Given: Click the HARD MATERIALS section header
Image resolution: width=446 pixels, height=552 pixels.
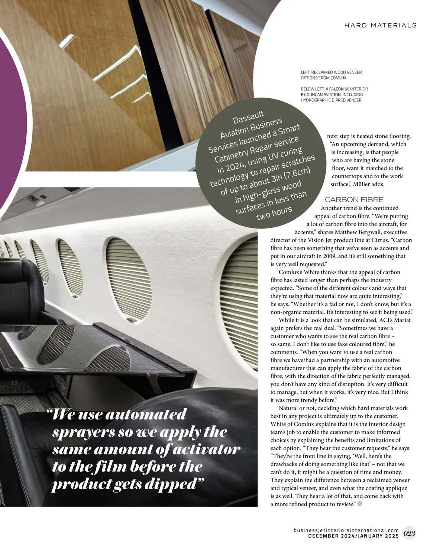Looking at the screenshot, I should tap(380, 25).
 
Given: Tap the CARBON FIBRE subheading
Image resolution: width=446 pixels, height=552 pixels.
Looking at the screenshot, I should tap(354, 200).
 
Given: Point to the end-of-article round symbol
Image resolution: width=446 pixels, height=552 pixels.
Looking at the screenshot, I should tap(359, 504).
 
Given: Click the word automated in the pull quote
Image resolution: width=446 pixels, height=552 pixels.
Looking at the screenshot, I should tap(145, 415).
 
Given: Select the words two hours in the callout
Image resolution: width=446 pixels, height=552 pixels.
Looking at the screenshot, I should tap(274, 213).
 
